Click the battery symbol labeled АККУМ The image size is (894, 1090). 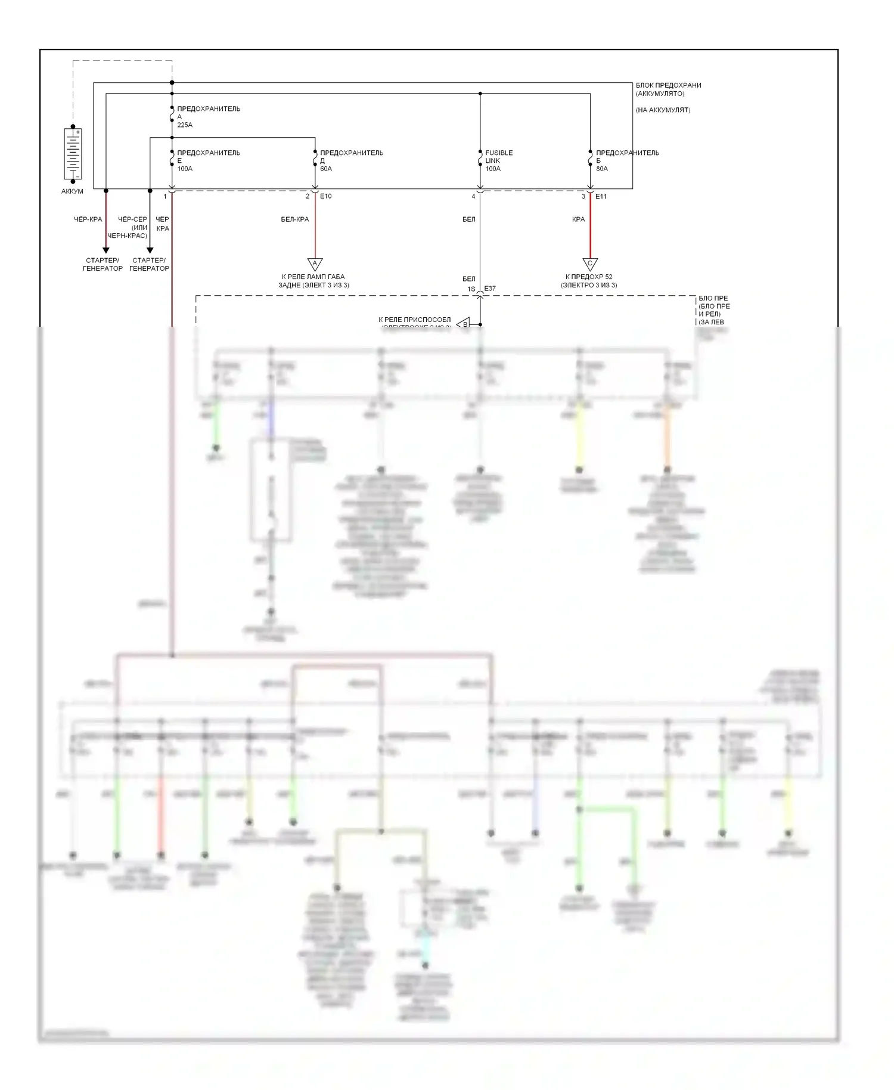coord(73,154)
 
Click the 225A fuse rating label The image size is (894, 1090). coord(185,125)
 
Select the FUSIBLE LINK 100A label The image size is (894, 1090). coord(498,160)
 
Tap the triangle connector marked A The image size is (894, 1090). coord(315,264)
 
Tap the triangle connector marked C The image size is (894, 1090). coord(589,264)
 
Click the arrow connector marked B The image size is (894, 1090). coord(464,324)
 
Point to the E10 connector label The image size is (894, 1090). coord(326,196)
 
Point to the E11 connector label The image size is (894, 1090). coord(601,196)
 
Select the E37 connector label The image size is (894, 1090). coord(490,289)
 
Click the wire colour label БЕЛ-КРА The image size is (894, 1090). coord(294,219)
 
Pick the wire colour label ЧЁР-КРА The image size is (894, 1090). coord(88,219)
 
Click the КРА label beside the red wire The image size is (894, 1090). coord(578,219)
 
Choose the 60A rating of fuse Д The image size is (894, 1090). coord(326,169)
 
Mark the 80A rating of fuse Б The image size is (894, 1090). coord(602,169)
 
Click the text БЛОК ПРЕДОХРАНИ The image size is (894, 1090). coord(668,85)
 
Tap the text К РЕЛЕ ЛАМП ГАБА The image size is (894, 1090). coord(313,277)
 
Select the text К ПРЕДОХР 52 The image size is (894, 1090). coord(589,277)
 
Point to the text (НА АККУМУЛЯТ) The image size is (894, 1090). coord(663,110)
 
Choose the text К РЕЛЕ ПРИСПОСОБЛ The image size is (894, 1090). coord(414,320)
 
